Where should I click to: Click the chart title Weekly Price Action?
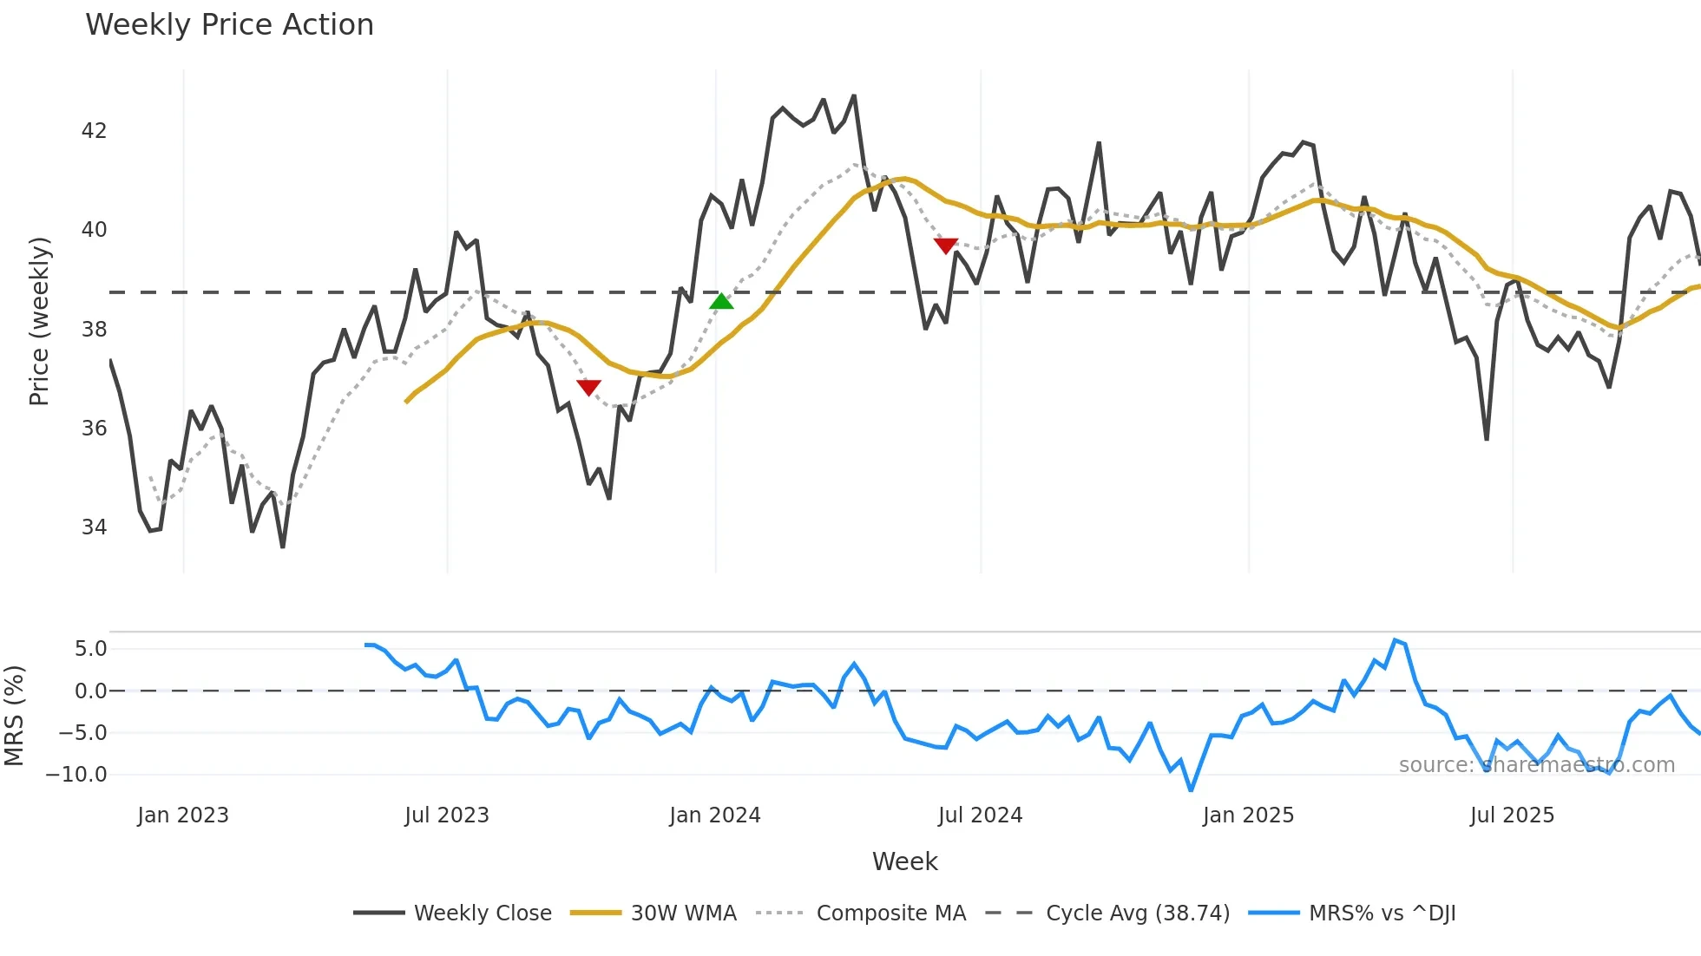(x=229, y=25)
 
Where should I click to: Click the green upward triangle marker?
(x=721, y=302)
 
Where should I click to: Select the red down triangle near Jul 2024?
(x=946, y=246)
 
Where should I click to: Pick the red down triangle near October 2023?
(x=588, y=387)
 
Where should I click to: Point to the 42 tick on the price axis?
(x=94, y=131)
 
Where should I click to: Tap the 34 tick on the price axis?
(x=94, y=527)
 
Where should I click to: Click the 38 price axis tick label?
(x=94, y=330)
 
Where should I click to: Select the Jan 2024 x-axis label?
(x=715, y=815)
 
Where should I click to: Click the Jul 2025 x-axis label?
(x=1512, y=815)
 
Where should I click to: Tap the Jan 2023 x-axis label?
(x=183, y=815)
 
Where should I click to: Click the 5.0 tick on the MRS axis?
(x=90, y=649)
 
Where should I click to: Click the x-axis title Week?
(x=904, y=861)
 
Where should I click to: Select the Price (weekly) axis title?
(x=39, y=321)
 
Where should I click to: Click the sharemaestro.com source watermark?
(x=1536, y=765)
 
